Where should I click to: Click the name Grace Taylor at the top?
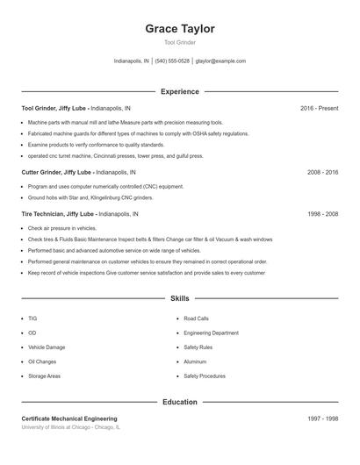[180, 29]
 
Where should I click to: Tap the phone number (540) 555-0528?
[172, 61]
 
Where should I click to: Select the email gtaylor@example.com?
[220, 61]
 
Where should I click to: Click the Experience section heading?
[180, 91]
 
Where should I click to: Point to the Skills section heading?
[180, 299]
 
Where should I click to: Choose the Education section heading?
[180, 402]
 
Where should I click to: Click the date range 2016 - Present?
[319, 108]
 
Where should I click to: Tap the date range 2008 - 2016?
[322, 173]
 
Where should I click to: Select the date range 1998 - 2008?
[322, 213]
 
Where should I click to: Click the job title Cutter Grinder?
[41, 173]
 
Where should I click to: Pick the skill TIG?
[32, 318]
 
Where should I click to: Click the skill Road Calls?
[197, 318]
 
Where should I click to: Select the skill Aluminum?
[195, 361]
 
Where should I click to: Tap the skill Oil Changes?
[42, 361]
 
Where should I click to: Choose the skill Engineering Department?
[211, 333]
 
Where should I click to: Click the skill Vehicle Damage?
[47, 347]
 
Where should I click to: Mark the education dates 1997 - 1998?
[322, 418]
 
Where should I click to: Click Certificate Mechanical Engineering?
[69, 418]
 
